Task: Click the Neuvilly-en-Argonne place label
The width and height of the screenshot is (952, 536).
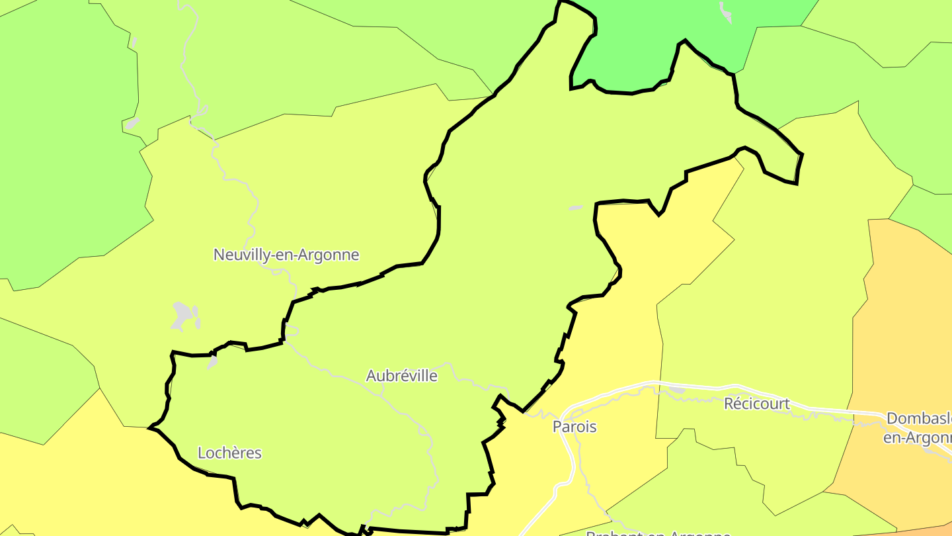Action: (286, 255)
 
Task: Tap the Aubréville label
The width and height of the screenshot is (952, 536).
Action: (401, 376)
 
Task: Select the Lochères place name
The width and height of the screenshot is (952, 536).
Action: (229, 453)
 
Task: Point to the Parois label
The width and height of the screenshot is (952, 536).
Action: (575, 427)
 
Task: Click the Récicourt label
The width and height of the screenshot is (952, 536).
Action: (756, 404)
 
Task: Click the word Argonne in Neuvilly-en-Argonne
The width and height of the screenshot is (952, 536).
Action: (329, 255)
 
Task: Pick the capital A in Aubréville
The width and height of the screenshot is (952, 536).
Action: (371, 376)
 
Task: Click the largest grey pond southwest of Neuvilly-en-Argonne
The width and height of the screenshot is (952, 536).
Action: (180, 315)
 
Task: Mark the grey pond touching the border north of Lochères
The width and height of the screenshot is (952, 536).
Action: (212, 361)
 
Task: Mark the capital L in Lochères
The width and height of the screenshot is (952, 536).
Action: (202, 453)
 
